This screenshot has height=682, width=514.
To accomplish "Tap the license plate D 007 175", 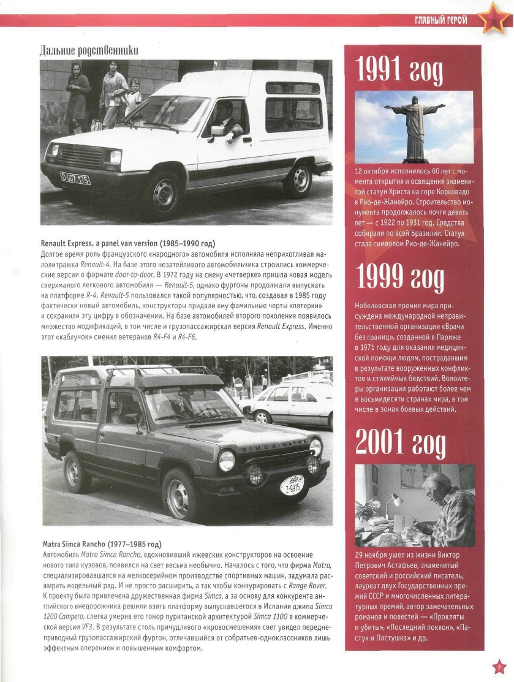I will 75,180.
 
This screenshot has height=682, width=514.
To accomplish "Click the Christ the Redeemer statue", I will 415,126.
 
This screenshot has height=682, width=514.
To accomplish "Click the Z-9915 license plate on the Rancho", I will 292,486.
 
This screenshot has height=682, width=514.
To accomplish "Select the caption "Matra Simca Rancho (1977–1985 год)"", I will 102,544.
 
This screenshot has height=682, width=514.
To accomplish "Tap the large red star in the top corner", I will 492,18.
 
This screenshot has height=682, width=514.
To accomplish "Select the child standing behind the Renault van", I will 134,95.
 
